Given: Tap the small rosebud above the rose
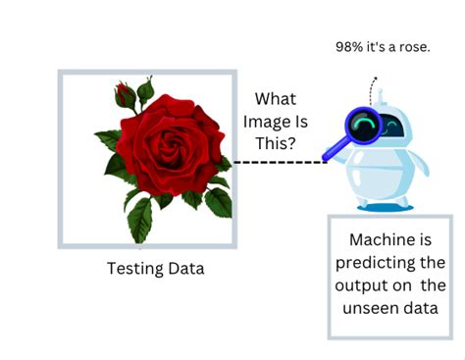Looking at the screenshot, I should point(125,96).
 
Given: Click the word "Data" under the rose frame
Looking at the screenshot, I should point(185,268).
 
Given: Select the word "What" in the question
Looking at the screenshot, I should point(277,99).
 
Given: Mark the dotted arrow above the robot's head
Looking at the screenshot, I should point(372,86).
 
